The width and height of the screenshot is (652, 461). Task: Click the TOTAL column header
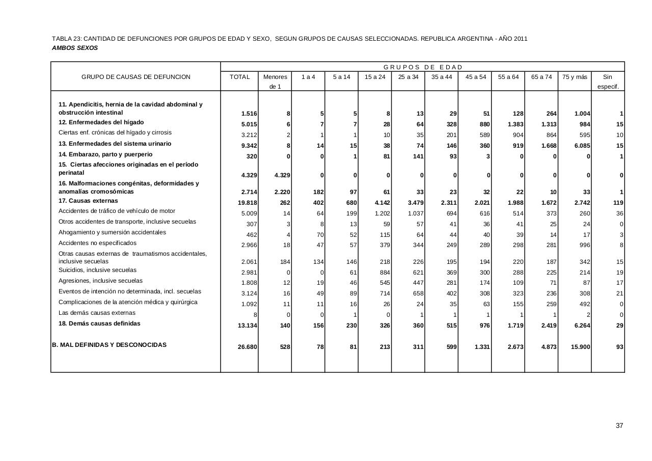(239, 77)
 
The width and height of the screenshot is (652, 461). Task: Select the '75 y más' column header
(575, 77)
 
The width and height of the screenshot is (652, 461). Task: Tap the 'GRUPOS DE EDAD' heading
(423, 67)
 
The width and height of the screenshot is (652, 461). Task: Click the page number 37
(619, 426)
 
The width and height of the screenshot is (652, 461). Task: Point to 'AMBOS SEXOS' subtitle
(75, 48)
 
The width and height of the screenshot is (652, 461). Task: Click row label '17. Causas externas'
(88, 201)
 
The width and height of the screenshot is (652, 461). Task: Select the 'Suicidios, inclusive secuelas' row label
(97, 270)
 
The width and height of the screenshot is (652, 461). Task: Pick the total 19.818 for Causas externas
(248, 203)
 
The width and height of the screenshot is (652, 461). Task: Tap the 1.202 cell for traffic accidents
(382, 213)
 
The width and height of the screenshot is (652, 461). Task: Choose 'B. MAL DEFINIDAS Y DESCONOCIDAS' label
(109, 345)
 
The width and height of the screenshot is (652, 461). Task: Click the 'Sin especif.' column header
(608, 82)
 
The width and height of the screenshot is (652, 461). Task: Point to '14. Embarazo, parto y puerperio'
(105, 154)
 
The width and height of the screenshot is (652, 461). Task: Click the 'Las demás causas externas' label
(97, 313)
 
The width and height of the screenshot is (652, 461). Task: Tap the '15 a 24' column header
(375, 77)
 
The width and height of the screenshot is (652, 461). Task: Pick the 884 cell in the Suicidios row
(384, 273)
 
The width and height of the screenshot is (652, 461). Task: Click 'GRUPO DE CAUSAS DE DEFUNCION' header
(136, 77)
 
